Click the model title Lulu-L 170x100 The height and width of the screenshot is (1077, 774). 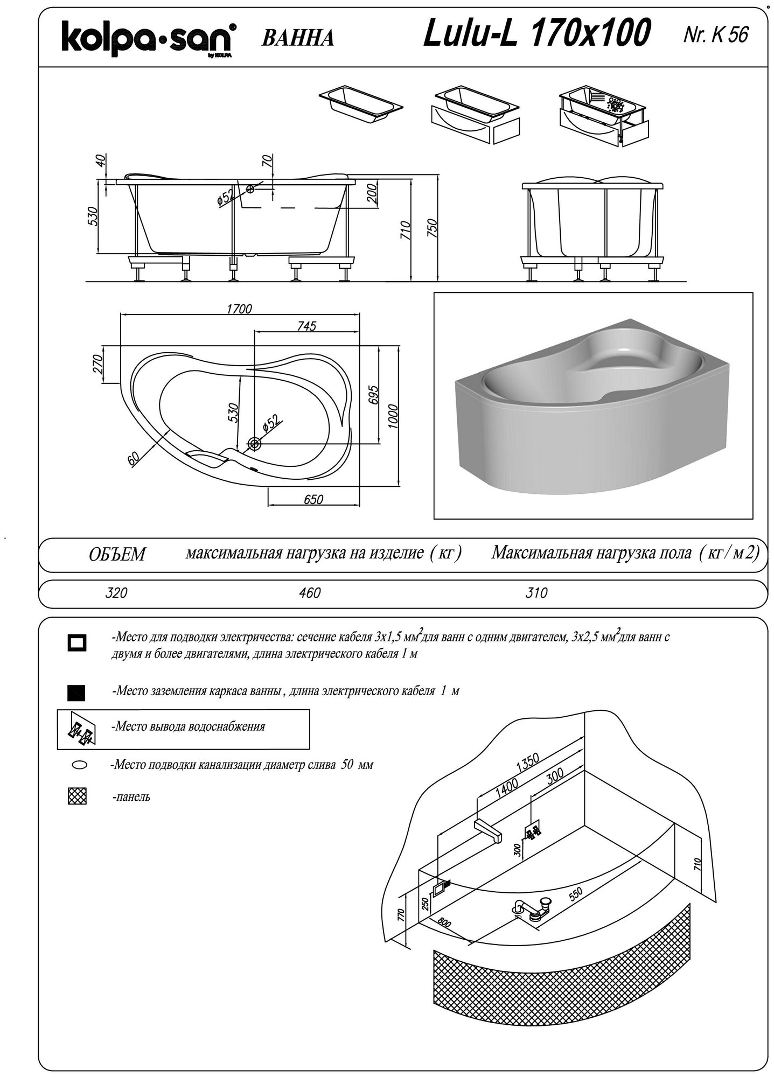click(x=536, y=33)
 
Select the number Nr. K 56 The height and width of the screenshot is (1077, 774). click(x=715, y=35)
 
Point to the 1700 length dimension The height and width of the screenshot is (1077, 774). click(x=240, y=309)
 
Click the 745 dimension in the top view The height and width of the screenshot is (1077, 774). click(x=306, y=326)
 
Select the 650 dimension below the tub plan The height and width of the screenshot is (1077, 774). click(x=313, y=499)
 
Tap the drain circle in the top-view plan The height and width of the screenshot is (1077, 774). click(x=254, y=443)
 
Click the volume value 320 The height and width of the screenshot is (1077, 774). click(x=116, y=593)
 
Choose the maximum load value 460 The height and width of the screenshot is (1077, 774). click(x=310, y=593)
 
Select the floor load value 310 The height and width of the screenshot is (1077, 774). click(x=536, y=593)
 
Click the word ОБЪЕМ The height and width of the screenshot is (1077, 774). click(x=117, y=554)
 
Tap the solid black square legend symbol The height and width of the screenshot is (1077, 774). click(x=76, y=692)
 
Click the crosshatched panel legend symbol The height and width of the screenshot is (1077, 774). click(x=78, y=796)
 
